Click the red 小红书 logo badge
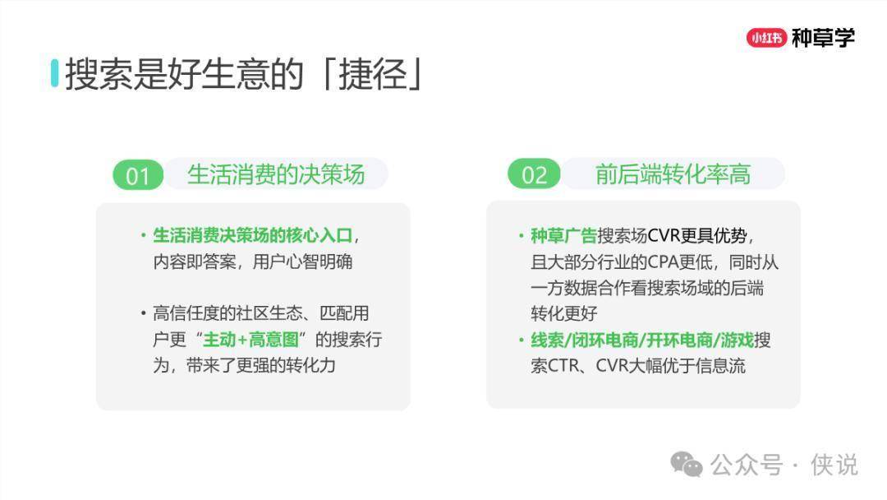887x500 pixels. pyautogui.click(x=766, y=38)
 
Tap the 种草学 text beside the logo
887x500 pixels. pyautogui.click(x=823, y=38)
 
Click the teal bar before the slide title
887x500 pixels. pyautogui.click(x=54, y=73)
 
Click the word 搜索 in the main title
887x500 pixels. pyautogui.click(x=99, y=74)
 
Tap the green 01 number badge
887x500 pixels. pyautogui.click(x=137, y=175)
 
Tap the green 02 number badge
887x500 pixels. pyautogui.click(x=534, y=174)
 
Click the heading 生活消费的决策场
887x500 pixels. pyautogui.click(x=276, y=174)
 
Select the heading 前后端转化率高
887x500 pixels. pyautogui.click(x=673, y=174)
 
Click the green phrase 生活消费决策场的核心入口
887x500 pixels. pyautogui.click(x=253, y=235)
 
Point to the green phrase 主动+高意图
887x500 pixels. pyautogui.click(x=250, y=340)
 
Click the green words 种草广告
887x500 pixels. pyautogui.click(x=563, y=235)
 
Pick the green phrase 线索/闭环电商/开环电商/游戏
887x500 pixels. pyautogui.click(x=642, y=340)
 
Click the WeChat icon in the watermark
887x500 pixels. pyautogui.click(x=686, y=465)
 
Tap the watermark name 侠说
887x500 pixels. pyautogui.click(x=834, y=465)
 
